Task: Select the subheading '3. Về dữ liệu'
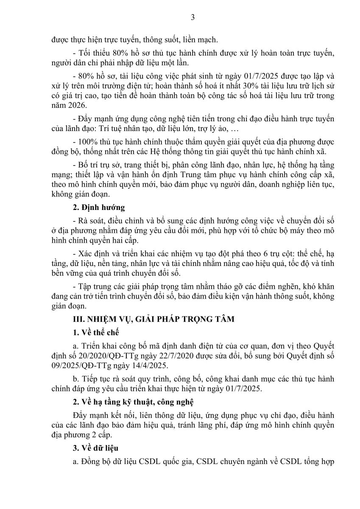pyautogui.click(x=92, y=448)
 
